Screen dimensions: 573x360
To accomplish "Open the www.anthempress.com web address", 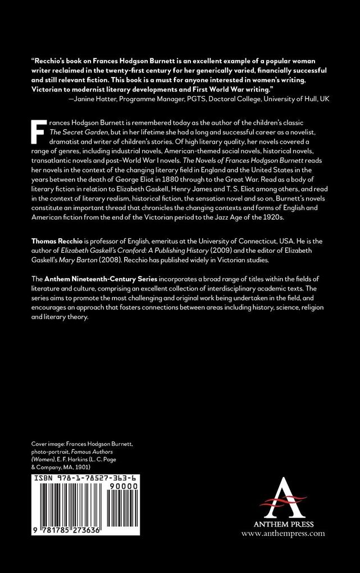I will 284,534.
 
